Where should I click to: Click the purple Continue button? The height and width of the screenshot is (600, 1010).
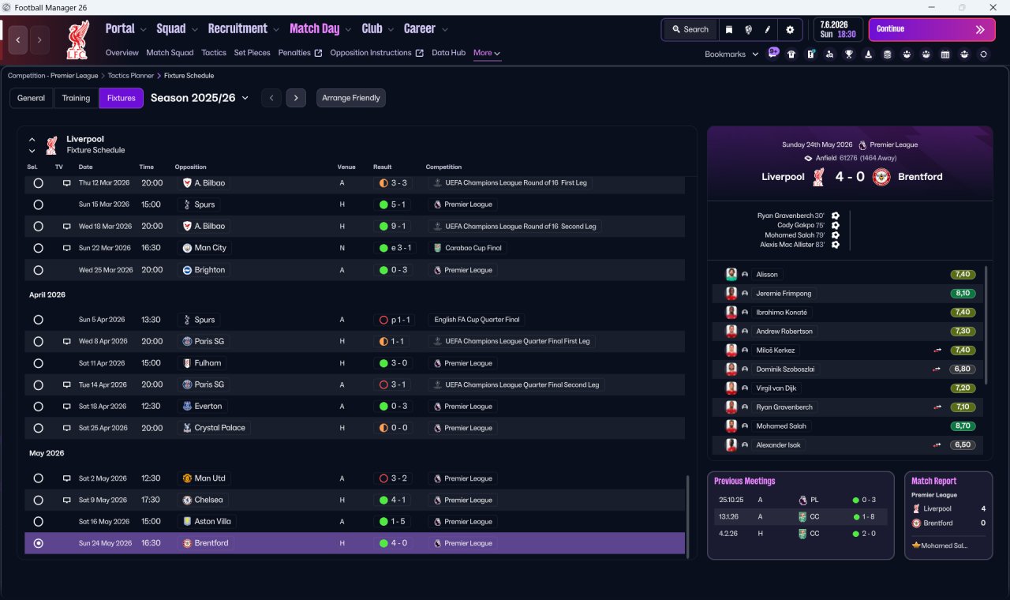pyautogui.click(x=932, y=29)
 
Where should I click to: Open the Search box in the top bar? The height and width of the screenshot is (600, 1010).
pyautogui.click(x=690, y=29)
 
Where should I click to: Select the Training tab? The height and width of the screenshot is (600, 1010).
pyautogui.click(x=76, y=98)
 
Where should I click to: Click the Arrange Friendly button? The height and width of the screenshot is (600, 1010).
pyautogui.click(x=351, y=98)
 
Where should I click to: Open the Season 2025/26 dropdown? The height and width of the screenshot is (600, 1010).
pyautogui.click(x=200, y=98)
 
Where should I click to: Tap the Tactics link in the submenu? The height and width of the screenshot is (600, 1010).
pyautogui.click(x=214, y=53)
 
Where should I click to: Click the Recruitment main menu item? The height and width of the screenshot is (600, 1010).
pyautogui.click(x=238, y=29)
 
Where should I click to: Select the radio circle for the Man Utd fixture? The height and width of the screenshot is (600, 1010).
pyautogui.click(x=39, y=478)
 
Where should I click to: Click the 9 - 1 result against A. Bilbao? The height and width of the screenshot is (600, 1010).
pyautogui.click(x=398, y=226)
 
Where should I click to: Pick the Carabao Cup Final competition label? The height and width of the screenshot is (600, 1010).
pyautogui.click(x=473, y=248)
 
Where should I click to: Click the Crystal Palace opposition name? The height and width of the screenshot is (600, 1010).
pyautogui.click(x=219, y=428)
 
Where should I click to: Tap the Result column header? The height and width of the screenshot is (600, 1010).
pyautogui.click(x=383, y=167)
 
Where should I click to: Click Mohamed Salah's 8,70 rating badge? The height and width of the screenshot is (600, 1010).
pyautogui.click(x=963, y=426)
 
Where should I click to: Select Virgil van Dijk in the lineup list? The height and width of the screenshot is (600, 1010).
pyautogui.click(x=776, y=388)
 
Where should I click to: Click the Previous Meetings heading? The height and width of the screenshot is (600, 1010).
pyautogui.click(x=744, y=481)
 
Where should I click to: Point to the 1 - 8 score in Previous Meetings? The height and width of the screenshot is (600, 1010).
pyautogui.click(x=867, y=516)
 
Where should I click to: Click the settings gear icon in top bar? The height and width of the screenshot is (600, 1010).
pyautogui.click(x=790, y=30)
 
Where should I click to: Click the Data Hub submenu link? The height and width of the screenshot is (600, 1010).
pyautogui.click(x=449, y=53)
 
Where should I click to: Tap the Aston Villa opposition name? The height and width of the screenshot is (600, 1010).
pyautogui.click(x=212, y=522)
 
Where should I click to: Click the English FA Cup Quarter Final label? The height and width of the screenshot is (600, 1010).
pyautogui.click(x=477, y=320)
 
